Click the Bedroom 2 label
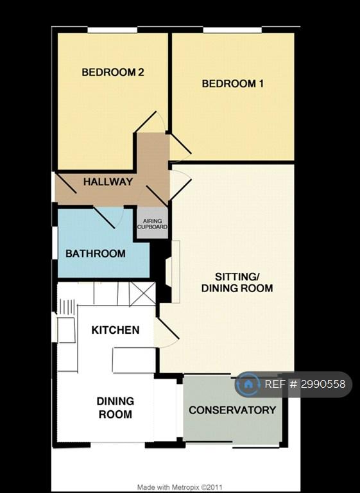tap(113, 73)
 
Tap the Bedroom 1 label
tap(233, 83)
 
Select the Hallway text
tap(108, 182)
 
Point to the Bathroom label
tap(96, 254)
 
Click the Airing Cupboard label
tap(152, 224)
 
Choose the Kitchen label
tap(116, 330)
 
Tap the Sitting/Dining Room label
tap(237, 282)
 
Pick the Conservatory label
tap(233, 410)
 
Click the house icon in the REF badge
tap(248, 384)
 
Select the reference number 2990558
tap(323, 384)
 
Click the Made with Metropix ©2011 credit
tap(180, 487)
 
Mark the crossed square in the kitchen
tap(142, 293)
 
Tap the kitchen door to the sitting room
tap(167, 333)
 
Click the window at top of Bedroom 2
tap(112, 30)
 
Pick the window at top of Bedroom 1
tap(232, 30)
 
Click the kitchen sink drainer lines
tap(66, 307)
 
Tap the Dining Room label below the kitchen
tap(116, 408)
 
